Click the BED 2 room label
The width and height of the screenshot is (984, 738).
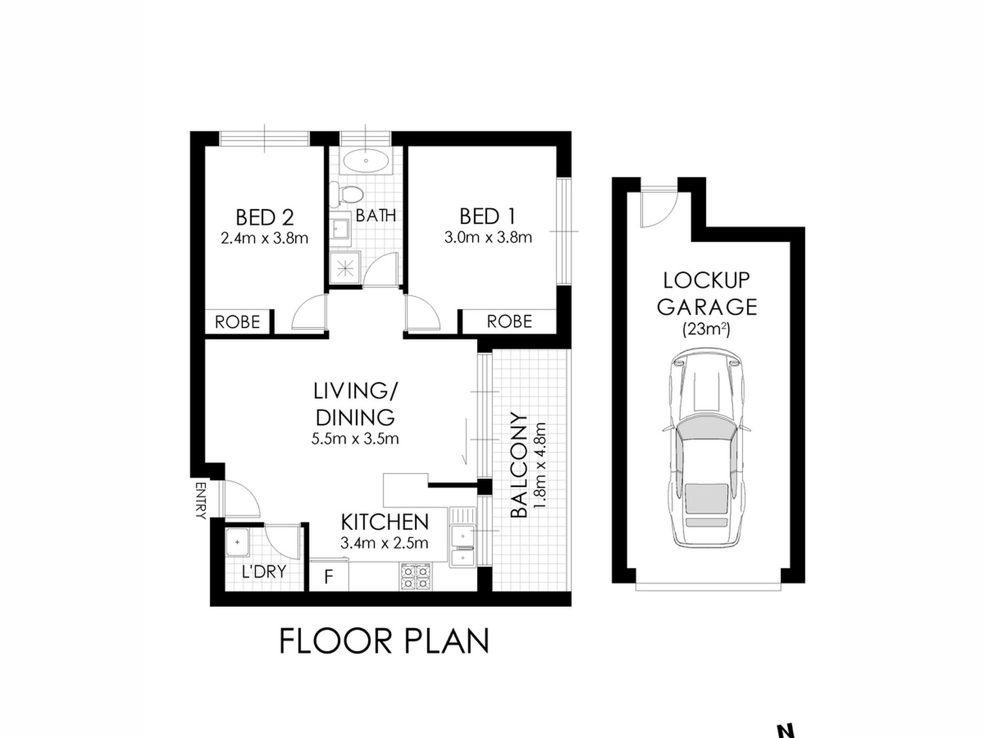click(x=265, y=217)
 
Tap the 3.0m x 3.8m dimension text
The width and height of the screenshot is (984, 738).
click(x=488, y=238)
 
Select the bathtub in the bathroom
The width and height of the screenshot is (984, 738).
click(x=366, y=161)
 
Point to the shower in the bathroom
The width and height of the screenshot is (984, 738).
click(x=345, y=267)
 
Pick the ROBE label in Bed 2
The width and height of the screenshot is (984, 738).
click(x=237, y=322)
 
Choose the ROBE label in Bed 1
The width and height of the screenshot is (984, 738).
click(x=509, y=322)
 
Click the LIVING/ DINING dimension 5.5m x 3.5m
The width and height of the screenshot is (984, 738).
click(x=355, y=439)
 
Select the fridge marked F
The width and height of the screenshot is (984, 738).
click(x=328, y=576)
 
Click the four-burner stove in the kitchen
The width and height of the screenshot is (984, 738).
click(x=415, y=576)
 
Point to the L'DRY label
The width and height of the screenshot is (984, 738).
click(x=264, y=572)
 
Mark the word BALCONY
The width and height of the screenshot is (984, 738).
click(x=518, y=465)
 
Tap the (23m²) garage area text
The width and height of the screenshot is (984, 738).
click(x=706, y=329)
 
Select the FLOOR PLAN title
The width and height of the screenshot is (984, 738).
click(x=384, y=641)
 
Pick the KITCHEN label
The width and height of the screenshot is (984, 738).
click(x=385, y=522)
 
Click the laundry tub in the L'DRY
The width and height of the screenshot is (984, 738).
click(x=238, y=542)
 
